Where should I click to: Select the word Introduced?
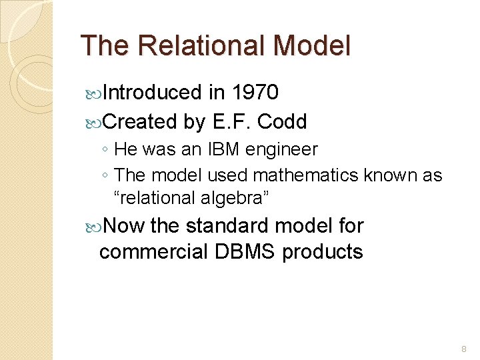153,93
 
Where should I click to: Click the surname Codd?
282,122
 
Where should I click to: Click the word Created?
139,122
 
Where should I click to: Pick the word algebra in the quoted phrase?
237,198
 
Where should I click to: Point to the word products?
323,252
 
